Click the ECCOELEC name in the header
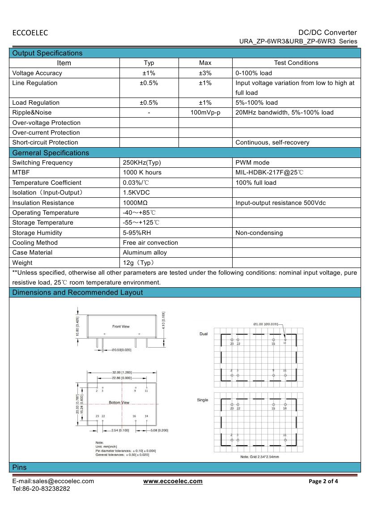click(30, 33)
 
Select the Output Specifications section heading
click(47, 53)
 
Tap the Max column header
click(205, 63)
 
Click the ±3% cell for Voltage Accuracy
click(205, 73)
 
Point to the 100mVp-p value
click(205, 112)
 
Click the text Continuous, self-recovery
click(272, 143)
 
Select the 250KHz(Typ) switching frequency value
click(142, 162)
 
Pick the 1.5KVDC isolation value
click(136, 192)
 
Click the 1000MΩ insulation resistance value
click(136, 203)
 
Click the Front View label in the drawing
click(121, 326)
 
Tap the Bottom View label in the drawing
click(119, 403)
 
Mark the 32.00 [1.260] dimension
click(122, 372)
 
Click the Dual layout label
click(203, 334)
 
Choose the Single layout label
click(203, 400)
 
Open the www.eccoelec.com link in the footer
click(173, 481)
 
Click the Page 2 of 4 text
click(323, 481)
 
